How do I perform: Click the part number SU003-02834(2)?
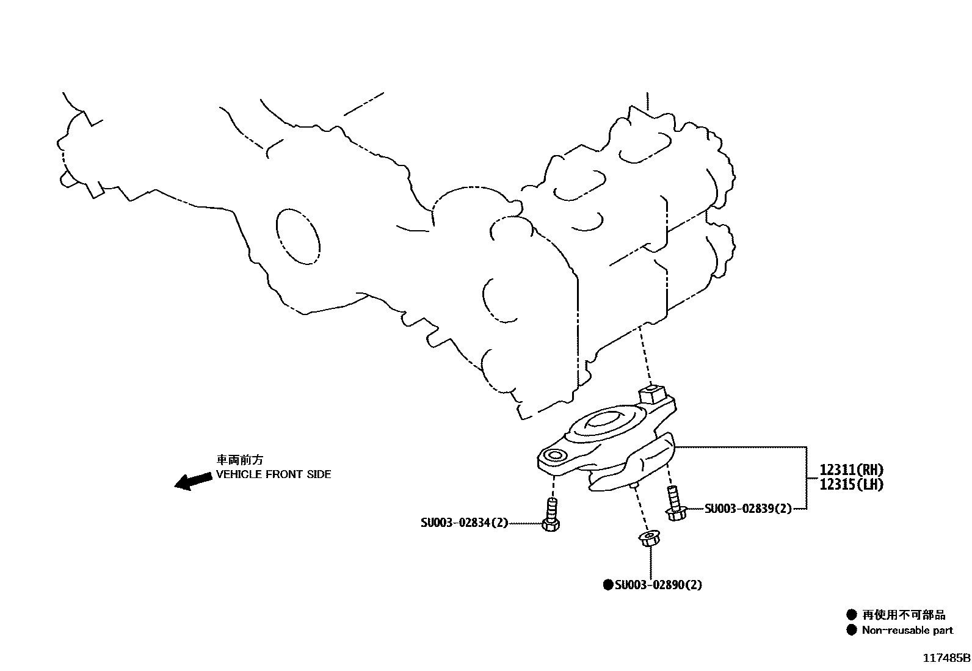pos(464,523)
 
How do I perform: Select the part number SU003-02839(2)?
pos(748,509)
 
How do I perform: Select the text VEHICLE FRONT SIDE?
pos(274,474)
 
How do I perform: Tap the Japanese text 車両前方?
pos(239,460)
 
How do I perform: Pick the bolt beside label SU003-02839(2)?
pos(675,504)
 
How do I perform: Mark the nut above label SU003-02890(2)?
pos(648,540)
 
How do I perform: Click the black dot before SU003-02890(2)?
pos(607,585)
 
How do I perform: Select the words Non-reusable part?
pos(907,631)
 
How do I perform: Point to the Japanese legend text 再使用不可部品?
pos(904,615)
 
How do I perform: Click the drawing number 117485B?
pos(946,658)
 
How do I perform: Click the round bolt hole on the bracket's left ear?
pos(555,455)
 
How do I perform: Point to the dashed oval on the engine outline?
pos(297,236)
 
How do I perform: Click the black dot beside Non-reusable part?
pos(852,631)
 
